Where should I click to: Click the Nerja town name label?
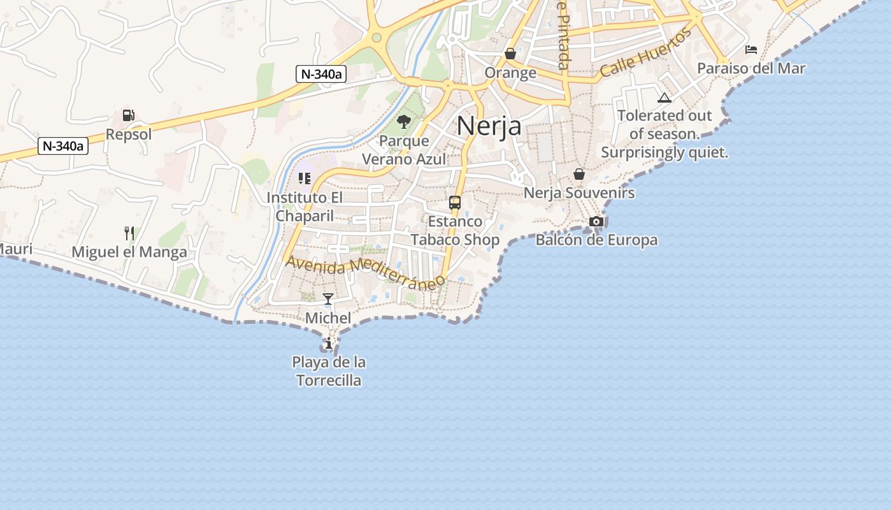click(489, 126)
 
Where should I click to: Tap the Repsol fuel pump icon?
click(128, 115)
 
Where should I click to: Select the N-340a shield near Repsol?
click(62, 146)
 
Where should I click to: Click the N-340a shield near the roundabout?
click(321, 74)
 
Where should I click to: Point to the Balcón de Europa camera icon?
click(596, 221)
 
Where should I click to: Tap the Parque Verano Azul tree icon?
click(403, 121)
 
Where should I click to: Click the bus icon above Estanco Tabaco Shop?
click(455, 203)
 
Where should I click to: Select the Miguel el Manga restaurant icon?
click(129, 233)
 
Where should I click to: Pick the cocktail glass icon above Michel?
click(328, 299)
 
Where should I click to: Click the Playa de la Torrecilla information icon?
click(329, 344)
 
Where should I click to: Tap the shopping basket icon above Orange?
click(510, 54)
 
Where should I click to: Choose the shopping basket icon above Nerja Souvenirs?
click(579, 173)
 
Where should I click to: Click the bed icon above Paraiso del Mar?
click(751, 50)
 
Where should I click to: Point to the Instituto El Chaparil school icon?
click(305, 178)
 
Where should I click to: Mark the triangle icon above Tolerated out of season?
click(665, 98)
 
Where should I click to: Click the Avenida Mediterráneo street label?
click(364, 272)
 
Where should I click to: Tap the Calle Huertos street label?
click(645, 53)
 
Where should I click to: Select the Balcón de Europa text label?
click(596, 240)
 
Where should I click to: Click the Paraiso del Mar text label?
click(751, 68)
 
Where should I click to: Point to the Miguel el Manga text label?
click(129, 252)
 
